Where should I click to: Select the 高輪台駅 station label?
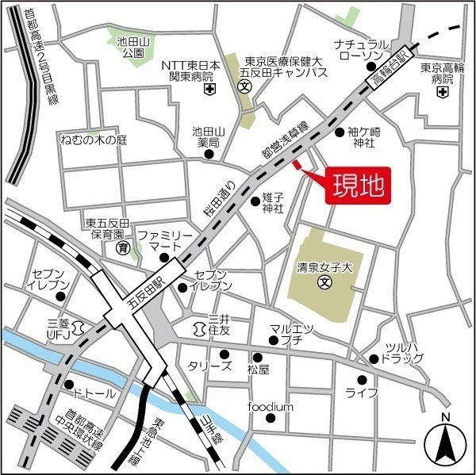(390, 69)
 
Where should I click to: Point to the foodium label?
(271, 407)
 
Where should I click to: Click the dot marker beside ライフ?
(362, 379)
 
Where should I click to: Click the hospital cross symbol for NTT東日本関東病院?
(209, 90)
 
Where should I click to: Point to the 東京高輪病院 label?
(442, 74)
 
